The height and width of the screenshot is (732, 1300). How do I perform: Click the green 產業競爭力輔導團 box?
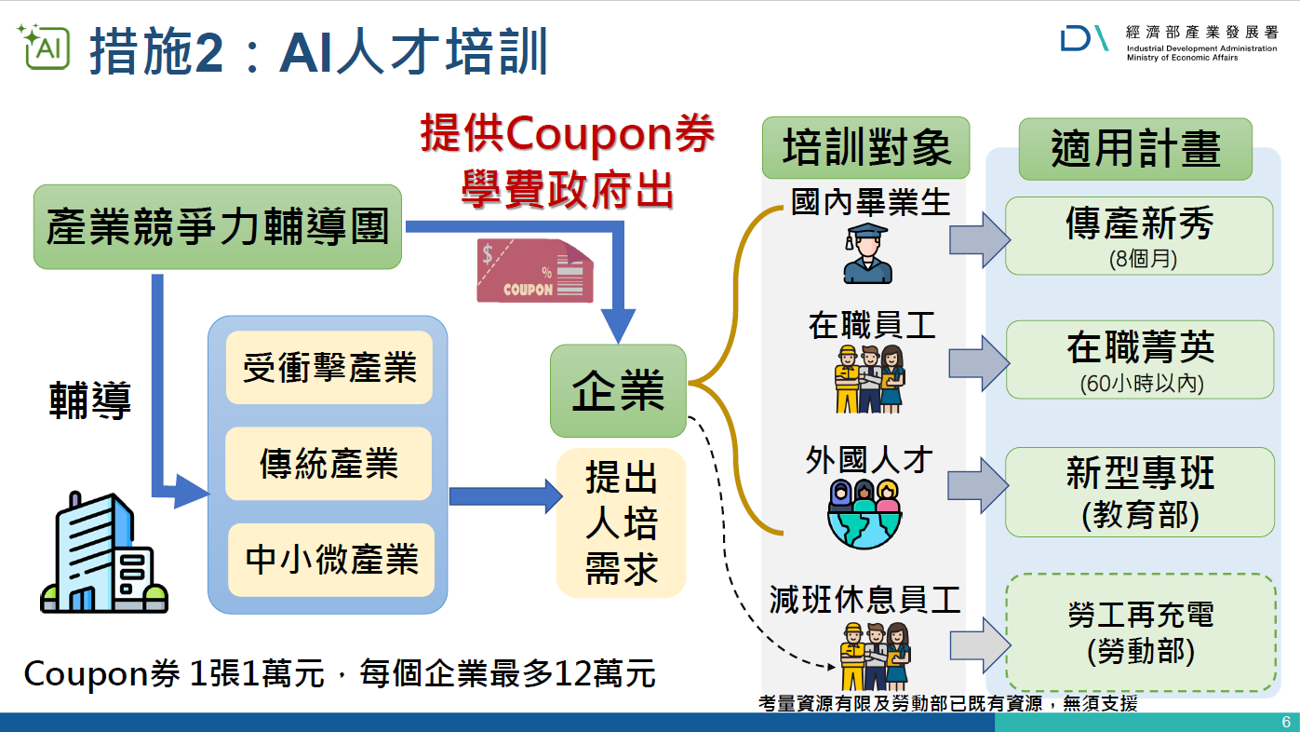(218, 226)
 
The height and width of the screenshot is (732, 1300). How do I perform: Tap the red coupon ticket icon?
(534, 271)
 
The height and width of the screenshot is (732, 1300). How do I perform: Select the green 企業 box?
(618, 390)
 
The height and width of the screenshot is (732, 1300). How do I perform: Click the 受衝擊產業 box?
(329, 367)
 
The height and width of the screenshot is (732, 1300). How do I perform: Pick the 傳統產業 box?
(328, 464)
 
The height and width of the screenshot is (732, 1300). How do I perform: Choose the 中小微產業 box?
(331, 560)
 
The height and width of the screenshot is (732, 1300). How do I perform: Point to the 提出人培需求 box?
(621, 522)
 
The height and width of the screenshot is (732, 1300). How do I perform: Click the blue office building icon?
(104, 552)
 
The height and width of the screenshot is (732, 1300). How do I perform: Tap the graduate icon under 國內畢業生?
(867, 253)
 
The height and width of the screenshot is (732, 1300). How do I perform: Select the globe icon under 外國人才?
(864, 514)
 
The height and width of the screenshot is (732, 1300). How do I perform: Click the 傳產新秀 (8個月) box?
(1139, 236)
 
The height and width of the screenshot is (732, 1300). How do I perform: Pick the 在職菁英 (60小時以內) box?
(1140, 359)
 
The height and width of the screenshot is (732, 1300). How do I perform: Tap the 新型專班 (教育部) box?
(1140, 492)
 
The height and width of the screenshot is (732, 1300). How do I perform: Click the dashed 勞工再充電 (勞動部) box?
(1141, 632)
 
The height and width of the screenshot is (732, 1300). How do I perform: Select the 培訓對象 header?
(866, 147)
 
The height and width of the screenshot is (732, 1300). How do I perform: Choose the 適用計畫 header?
(1136, 149)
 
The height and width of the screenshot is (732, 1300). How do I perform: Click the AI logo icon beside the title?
(44, 47)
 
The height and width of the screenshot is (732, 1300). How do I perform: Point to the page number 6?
(1286, 722)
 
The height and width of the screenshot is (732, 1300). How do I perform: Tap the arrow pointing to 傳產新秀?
(980, 240)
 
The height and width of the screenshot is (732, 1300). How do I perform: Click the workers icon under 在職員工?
(869, 379)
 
